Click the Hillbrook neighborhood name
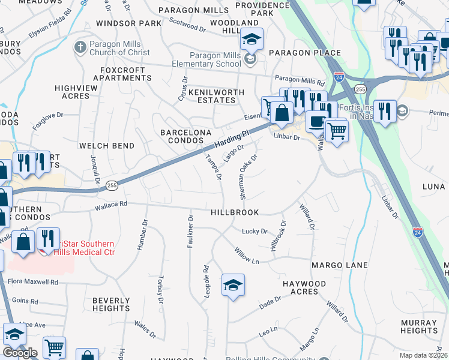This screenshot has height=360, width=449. point(235,212)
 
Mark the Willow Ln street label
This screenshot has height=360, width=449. point(246,256)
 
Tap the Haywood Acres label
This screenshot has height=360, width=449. point(304,287)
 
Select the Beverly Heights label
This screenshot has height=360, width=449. point(111,304)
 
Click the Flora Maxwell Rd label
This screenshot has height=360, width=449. point(32,281)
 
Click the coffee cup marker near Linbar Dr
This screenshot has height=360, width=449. point(316,122)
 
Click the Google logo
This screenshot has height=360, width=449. point(20,353)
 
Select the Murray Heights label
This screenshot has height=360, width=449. point(418,326)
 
